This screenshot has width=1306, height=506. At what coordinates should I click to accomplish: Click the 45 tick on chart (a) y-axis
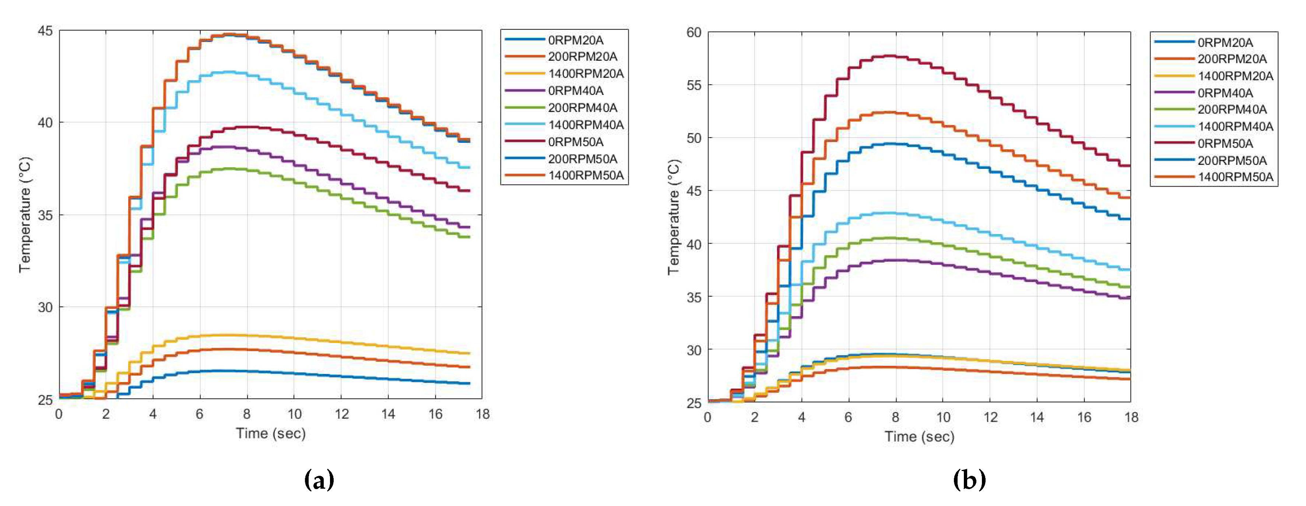(45, 31)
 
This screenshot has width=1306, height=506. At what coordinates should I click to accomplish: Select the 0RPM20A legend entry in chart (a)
(575, 40)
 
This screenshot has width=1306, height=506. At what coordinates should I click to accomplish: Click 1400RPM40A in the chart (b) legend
(1235, 127)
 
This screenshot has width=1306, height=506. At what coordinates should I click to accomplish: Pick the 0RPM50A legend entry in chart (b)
(1225, 144)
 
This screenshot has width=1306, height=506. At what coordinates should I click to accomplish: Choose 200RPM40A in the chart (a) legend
(582, 108)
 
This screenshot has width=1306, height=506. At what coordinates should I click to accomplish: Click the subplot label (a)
(319, 479)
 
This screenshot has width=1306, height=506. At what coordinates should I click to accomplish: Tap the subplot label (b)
(969, 479)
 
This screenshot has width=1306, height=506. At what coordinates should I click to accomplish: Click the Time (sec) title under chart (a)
(270, 434)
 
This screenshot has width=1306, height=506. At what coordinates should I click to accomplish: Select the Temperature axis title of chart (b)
(673, 218)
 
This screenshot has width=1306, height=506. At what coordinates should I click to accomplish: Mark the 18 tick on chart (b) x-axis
(1131, 417)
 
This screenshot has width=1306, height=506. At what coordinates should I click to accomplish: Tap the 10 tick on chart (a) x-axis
(295, 414)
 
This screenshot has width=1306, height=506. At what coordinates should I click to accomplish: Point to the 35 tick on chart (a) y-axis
(45, 215)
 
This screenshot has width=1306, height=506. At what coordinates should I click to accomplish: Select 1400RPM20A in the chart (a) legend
(586, 74)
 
